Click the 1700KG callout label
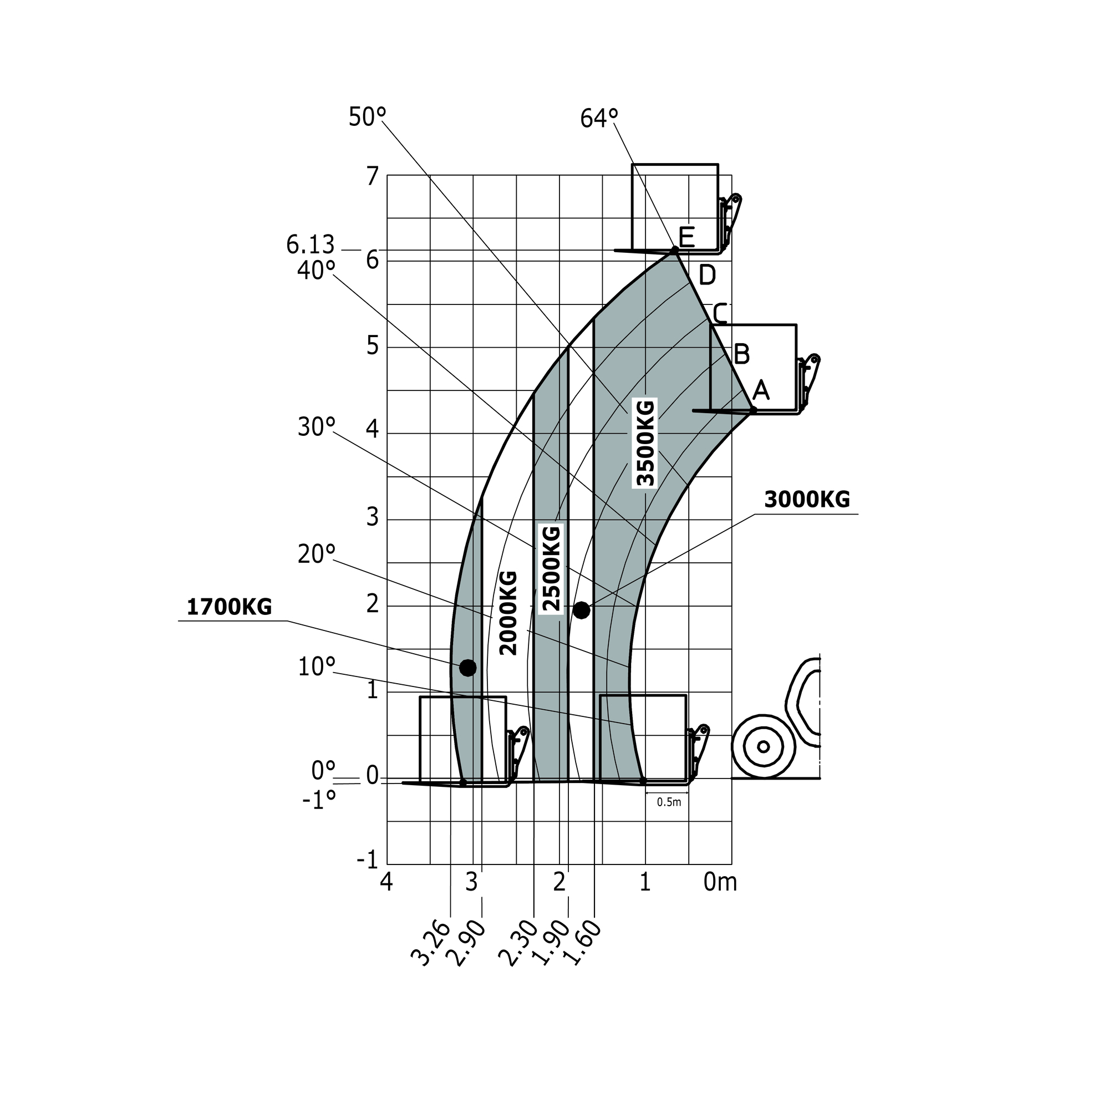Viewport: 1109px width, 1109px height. pyautogui.click(x=229, y=607)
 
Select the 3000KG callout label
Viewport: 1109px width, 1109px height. pyautogui.click(x=806, y=500)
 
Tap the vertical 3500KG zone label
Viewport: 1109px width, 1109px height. pyautogui.click(x=645, y=442)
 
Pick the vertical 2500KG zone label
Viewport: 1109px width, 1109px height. pyautogui.click(x=551, y=568)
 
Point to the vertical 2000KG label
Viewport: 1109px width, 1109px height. pyautogui.click(x=508, y=613)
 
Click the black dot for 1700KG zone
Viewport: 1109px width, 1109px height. pyautogui.click(x=468, y=668)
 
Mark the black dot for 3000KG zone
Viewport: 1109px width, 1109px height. pyautogui.click(x=582, y=610)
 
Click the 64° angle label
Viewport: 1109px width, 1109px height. pyautogui.click(x=599, y=118)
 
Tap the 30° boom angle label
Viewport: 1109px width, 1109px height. pyautogui.click(x=316, y=427)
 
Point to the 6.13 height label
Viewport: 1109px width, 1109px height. pyautogui.click(x=310, y=245)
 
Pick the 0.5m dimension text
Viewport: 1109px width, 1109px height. pyautogui.click(x=669, y=802)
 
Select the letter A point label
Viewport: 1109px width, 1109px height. pyautogui.click(x=761, y=390)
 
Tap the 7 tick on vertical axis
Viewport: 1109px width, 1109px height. pyautogui.click(x=373, y=176)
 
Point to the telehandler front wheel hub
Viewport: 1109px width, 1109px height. pyautogui.click(x=763, y=747)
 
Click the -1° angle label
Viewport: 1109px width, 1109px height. pyautogui.click(x=319, y=800)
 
